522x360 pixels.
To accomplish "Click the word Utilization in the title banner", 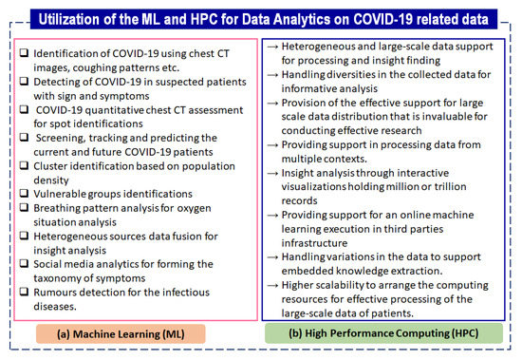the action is pyautogui.click(x=69, y=19).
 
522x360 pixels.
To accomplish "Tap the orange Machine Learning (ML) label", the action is pyautogui.click(x=121, y=333).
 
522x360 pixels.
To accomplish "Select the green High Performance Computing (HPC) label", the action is pyautogui.click(x=383, y=333).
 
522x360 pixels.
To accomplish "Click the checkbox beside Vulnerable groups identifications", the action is pyautogui.click(x=24, y=193).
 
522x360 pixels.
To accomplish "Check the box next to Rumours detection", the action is pyautogui.click(x=24, y=292).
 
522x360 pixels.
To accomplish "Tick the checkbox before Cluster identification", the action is pyautogui.click(x=24, y=165).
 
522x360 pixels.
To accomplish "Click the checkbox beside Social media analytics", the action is pyautogui.click(x=24, y=263).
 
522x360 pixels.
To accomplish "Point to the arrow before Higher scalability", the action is pyautogui.click(x=272, y=285).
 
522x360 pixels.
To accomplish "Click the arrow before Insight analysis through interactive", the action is pyautogui.click(x=272, y=173).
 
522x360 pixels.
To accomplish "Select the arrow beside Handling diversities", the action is pyautogui.click(x=272, y=75).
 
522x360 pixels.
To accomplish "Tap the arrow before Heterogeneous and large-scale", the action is pyautogui.click(x=272, y=47).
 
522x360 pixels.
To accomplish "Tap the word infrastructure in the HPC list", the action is pyautogui.click(x=314, y=243).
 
